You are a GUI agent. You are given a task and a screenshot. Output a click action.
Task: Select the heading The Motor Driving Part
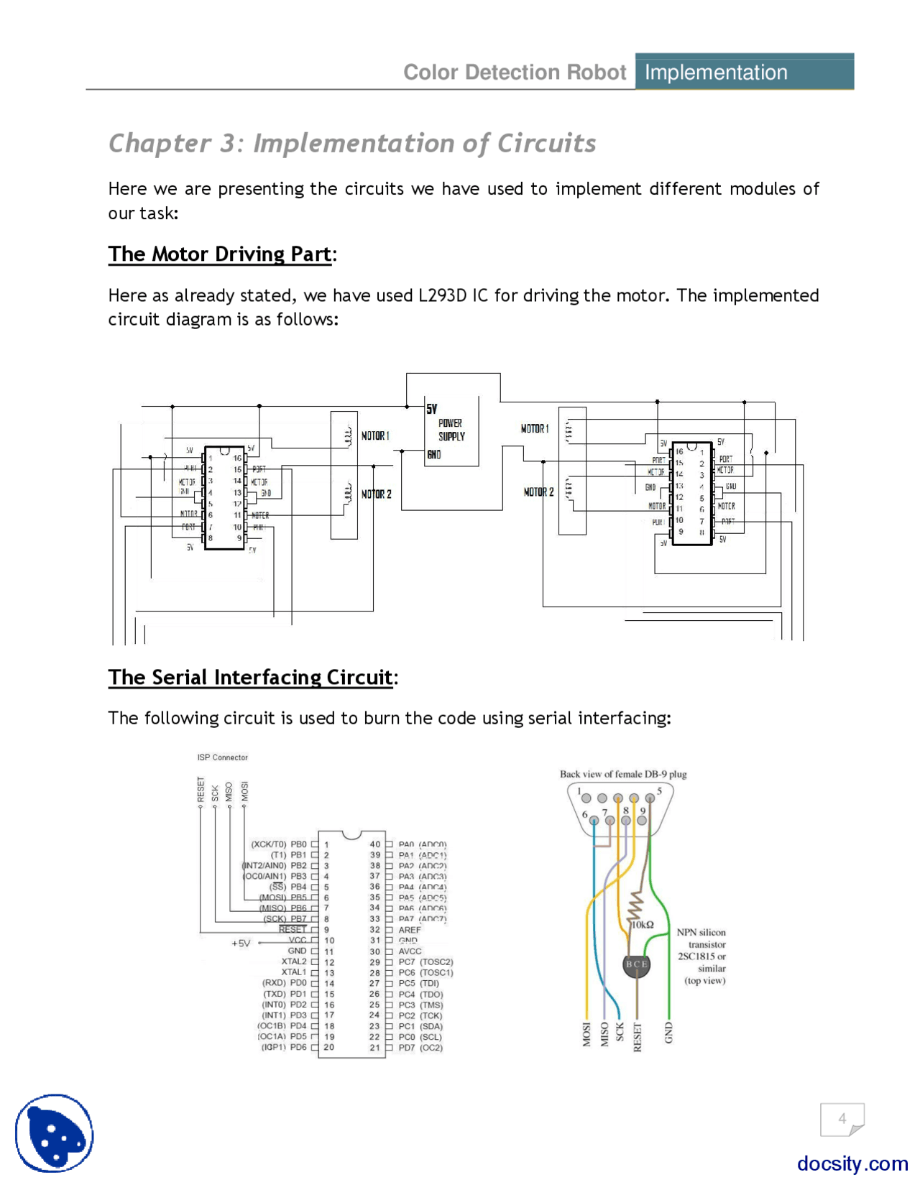pyautogui.click(x=219, y=254)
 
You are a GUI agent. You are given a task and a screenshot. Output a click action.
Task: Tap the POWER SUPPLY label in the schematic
pyautogui.click(x=451, y=430)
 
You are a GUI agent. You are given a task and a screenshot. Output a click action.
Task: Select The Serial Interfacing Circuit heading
pyautogui.click(x=250, y=678)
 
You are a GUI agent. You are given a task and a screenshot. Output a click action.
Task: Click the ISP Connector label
pyautogui.click(x=222, y=757)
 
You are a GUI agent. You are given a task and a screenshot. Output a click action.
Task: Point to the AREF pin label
pyautogui.click(x=410, y=930)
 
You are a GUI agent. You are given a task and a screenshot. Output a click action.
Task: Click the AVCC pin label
pyautogui.click(x=410, y=951)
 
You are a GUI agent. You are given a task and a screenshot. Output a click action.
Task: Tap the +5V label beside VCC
pyautogui.click(x=241, y=944)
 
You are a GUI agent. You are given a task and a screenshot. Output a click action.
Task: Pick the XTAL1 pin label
pyautogui.click(x=293, y=972)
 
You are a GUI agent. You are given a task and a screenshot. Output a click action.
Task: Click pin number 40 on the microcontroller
pyautogui.click(x=374, y=845)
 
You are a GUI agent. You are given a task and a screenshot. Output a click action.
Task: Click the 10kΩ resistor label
pyautogui.click(x=643, y=925)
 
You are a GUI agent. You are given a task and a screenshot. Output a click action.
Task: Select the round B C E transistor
pyautogui.click(x=636, y=964)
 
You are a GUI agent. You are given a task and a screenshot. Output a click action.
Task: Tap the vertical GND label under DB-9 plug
pyautogui.click(x=668, y=1033)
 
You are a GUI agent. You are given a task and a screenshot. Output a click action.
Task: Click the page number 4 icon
pyautogui.click(x=842, y=1119)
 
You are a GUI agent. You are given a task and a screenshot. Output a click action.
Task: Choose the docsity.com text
pyautogui.click(x=852, y=1163)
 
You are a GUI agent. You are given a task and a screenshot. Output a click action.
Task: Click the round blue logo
pyautogui.click(x=55, y=1133)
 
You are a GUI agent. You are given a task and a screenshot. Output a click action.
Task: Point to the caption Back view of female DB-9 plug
pyautogui.click(x=623, y=775)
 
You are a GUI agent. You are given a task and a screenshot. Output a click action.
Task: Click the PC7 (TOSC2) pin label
pyautogui.click(x=425, y=962)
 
